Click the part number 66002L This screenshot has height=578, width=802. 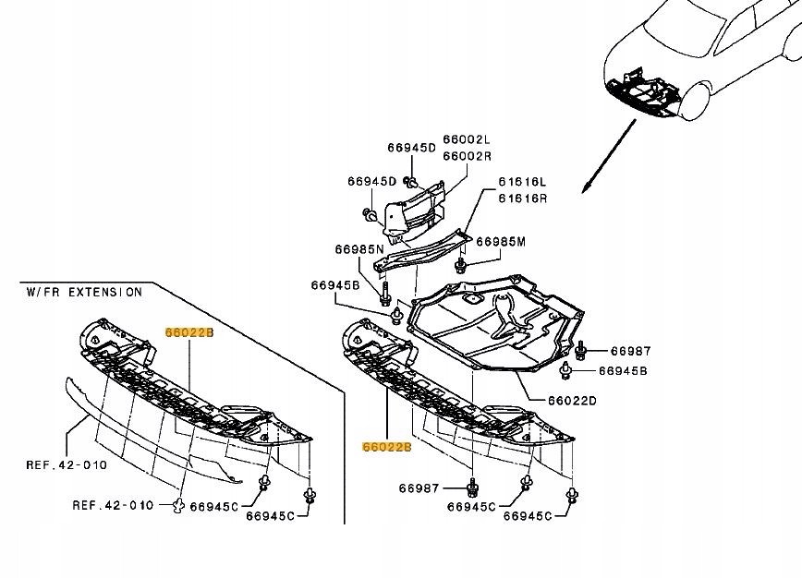pyautogui.click(x=468, y=139)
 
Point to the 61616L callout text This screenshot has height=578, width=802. pyautogui.click(x=523, y=183)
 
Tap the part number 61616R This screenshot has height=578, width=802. pyautogui.click(x=523, y=198)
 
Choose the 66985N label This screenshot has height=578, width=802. pyautogui.click(x=359, y=249)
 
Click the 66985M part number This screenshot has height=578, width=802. pyautogui.click(x=501, y=242)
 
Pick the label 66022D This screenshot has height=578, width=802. pyautogui.click(x=572, y=401)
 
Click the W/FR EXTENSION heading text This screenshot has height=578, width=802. pyautogui.click(x=84, y=292)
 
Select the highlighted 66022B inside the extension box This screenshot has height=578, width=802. pyautogui.click(x=189, y=331)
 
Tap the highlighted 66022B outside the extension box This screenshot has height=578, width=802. pyautogui.click(x=386, y=447)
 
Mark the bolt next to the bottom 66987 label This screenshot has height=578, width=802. pyautogui.click(x=472, y=487)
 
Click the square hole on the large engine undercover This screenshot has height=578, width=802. pyautogui.click(x=472, y=300)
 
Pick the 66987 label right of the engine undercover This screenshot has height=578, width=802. pyautogui.click(x=631, y=351)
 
